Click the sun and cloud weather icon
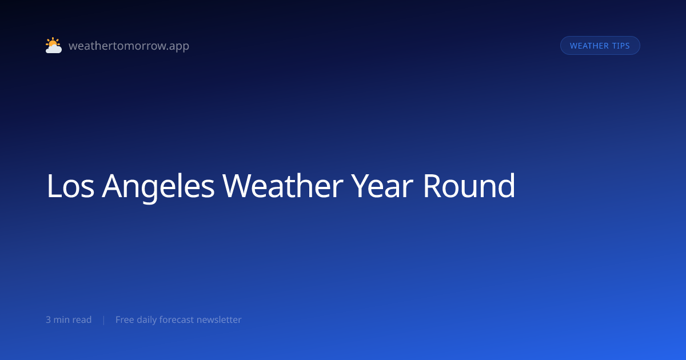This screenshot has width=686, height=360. coord(54,45)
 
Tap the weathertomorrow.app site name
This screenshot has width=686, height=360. coord(129,46)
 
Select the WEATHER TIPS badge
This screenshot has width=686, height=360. coord(600,46)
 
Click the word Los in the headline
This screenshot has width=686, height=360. coord(70,186)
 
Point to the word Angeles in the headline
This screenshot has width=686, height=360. coord(158,187)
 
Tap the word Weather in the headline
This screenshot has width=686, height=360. coord(282,186)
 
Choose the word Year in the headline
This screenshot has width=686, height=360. coord(382,186)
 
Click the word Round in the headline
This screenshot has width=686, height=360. coord(469,186)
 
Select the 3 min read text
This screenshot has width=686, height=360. coord(69,319)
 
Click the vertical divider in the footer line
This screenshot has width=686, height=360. coord(104,320)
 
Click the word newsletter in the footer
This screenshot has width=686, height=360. coord(219,319)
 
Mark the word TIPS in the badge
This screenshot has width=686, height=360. coord(621,46)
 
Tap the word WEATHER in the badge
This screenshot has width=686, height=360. coord(589,46)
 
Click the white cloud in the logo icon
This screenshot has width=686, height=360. coord(54,49)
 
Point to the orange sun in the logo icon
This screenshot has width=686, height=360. coord(53,42)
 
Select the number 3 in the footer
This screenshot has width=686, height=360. coord(48,319)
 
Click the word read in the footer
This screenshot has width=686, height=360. coord(82,319)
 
